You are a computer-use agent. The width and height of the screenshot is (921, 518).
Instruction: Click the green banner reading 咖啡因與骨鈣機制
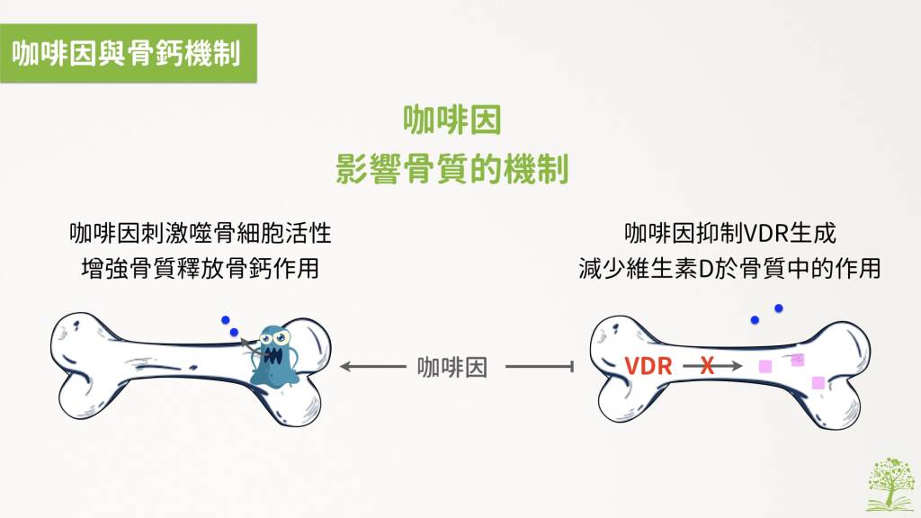pos(128,53)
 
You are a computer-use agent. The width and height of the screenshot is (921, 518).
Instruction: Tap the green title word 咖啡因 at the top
pos(452,120)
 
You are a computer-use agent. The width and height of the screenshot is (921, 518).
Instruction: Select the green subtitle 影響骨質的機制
pos(452,168)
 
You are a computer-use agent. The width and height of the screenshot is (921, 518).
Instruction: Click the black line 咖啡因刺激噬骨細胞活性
pos(201,233)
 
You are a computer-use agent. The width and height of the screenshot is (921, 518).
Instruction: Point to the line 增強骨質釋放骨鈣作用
pos(201,268)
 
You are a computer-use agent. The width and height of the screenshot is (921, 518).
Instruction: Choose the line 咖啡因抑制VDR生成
pos(730,233)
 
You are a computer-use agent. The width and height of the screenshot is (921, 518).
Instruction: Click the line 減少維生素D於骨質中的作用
pos(729,268)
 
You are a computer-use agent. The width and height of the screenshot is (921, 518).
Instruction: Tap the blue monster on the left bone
pos(273,355)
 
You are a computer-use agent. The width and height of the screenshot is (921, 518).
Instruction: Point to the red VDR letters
pos(648,367)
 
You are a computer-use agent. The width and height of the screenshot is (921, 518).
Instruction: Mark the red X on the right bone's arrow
pos(707,367)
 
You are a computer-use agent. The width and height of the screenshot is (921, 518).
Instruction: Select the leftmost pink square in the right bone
pos(765,367)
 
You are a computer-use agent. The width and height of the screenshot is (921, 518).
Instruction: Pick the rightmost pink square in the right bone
pos(818,383)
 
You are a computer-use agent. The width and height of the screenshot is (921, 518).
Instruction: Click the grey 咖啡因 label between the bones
pos(452,367)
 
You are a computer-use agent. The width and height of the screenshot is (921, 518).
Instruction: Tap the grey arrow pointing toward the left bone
pos(373,367)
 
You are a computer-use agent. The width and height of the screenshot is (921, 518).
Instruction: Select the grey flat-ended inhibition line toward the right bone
pos(540,367)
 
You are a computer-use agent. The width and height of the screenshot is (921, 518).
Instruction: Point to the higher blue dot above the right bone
pos(779,308)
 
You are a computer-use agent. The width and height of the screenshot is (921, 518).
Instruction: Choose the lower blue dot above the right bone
pos(755,320)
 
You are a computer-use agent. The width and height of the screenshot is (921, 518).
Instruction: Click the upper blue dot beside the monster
pos(226,320)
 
